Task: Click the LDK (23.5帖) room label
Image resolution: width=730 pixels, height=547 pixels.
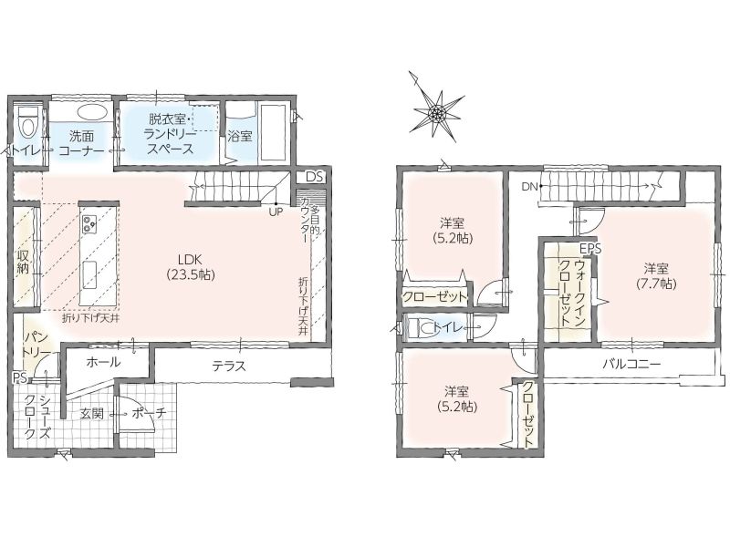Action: point(191,267)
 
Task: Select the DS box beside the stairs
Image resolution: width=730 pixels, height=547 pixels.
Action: point(314,177)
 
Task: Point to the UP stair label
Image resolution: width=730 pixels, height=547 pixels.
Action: point(276,212)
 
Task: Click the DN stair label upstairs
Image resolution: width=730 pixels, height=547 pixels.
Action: point(529,187)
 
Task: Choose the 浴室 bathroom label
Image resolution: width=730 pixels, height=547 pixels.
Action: point(240,136)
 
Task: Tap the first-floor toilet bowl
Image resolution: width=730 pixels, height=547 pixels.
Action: point(28,122)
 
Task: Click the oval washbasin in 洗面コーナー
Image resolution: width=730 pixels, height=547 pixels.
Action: point(92,112)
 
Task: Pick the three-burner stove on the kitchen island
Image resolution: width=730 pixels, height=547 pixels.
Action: point(89,223)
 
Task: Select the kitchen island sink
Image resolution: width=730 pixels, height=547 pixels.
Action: point(89,275)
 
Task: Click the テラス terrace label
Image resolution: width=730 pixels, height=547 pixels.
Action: point(229,366)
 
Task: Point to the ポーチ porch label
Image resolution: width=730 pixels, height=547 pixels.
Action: point(149,413)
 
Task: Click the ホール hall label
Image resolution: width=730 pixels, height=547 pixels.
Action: point(103,361)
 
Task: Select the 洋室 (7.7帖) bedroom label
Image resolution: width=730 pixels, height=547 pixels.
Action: point(656,275)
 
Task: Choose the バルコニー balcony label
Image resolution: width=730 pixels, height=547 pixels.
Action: point(631,363)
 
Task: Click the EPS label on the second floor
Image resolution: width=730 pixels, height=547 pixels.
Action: point(590,248)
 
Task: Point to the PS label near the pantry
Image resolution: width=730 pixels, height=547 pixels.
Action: point(20,377)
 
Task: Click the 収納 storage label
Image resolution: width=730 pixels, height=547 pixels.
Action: point(24,262)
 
